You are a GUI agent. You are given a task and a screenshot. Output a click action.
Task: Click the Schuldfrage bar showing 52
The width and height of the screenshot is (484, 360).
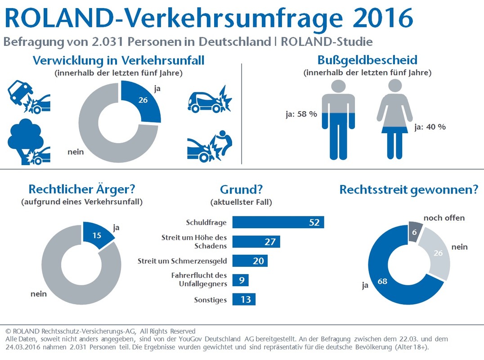point(278,222)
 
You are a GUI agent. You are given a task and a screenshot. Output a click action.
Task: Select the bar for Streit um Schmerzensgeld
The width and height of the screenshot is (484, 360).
point(250,261)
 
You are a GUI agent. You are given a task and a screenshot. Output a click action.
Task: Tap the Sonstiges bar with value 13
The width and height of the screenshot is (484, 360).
point(244,299)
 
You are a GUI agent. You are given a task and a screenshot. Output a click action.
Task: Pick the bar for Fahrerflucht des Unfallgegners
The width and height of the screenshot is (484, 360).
point(240,280)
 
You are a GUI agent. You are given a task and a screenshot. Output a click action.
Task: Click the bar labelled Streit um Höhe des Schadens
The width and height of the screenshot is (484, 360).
point(256,242)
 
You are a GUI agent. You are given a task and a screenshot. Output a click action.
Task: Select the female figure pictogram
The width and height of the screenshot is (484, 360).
point(394,119)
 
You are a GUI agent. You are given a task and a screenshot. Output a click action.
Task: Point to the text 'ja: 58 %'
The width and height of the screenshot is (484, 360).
point(301,114)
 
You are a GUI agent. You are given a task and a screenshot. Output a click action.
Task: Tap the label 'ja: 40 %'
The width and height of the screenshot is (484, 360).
point(430,127)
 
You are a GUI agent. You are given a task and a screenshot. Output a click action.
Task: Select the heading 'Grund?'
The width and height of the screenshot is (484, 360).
point(241,190)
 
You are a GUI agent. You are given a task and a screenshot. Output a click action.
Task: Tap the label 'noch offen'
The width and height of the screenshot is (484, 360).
point(444,218)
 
